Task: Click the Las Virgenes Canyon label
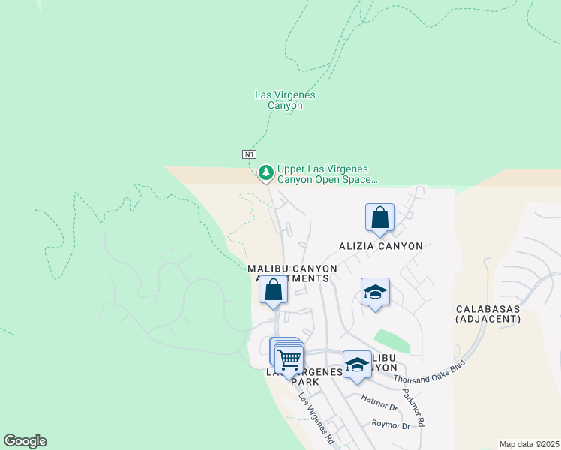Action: (x=285, y=100)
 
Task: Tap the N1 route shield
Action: (x=250, y=154)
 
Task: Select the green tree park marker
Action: (x=265, y=173)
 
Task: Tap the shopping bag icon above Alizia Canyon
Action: (x=379, y=218)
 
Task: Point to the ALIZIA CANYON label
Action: (x=380, y=246)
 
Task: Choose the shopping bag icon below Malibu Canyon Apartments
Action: (x=273, y=289)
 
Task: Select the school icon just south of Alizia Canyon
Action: (x=375, y=292)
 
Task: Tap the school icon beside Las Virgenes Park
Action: (x=357, y=365)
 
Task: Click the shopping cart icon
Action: (x=289, y=358)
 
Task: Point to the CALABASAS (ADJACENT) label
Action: (x=487, y=313)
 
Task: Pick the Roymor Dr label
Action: (x=391, y=424)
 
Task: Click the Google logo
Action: (x=25, y=441)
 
